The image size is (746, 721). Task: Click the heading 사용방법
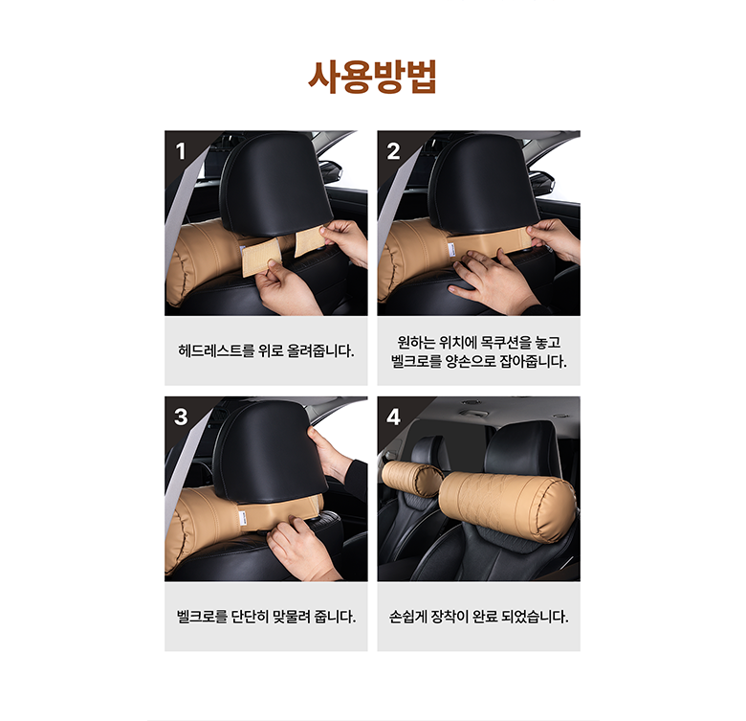point(372,77)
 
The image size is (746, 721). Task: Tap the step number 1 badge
point(181,151)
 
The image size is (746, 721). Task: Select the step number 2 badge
point(393,151)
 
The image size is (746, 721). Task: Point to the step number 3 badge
point(181,417)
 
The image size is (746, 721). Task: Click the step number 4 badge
point(393,417)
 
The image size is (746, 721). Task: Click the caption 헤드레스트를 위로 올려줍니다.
point(266,351)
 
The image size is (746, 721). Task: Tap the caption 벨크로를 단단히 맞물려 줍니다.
point(266,617)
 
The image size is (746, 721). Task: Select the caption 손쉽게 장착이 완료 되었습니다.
point(478,617)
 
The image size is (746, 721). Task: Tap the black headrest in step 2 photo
point(483,184)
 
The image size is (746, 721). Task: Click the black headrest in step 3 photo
point(271,450)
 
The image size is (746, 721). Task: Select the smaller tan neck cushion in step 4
point(411,479)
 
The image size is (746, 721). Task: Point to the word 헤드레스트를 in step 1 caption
point(216,351)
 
